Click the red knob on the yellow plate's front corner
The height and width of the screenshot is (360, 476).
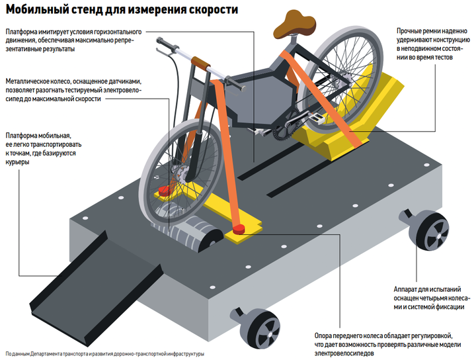coord(239,230)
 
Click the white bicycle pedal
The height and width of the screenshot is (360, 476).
coord(316,119)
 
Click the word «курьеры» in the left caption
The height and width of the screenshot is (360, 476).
coord(17,162)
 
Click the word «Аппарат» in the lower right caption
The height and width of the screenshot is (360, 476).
coord(407,289)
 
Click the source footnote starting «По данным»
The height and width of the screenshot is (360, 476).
coord(105,354)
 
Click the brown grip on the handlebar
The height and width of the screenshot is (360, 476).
coord(201,63)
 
